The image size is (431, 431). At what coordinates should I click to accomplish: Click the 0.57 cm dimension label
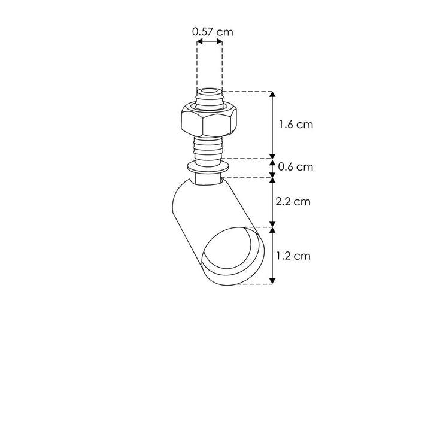pyautogui.click(x=213, y=32)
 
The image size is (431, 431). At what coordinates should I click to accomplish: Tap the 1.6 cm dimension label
pyautogui.click(x=296, y=125)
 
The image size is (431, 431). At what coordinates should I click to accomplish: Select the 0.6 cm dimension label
pyautogui.click(x=296, y=167)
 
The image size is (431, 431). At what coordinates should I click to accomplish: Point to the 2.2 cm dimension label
pyautogui.click(x=293, y=202)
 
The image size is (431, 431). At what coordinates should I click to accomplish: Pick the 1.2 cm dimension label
pyautogui.click(x=293, y=256)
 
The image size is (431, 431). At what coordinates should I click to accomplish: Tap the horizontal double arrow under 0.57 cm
pyautogui.click(x=210, y=43)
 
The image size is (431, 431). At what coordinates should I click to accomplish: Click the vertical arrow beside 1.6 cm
pyautogui.click(x=273, y=125)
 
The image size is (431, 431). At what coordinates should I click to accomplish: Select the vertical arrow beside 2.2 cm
pyautogui.click(x=273, y=202)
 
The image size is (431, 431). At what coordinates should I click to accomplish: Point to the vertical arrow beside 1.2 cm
pyautogui.click(x=273, y=256)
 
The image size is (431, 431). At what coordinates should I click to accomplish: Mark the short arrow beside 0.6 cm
pyautogui.click(x=273, y=167)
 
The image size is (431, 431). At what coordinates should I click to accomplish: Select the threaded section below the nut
pyautogui.click(x=210, y=147)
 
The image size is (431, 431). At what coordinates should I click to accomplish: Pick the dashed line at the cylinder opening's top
pyautogui.click(x=263, y=227)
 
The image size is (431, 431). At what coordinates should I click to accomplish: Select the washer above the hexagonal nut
pyautogui.click(x=210, y=107)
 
